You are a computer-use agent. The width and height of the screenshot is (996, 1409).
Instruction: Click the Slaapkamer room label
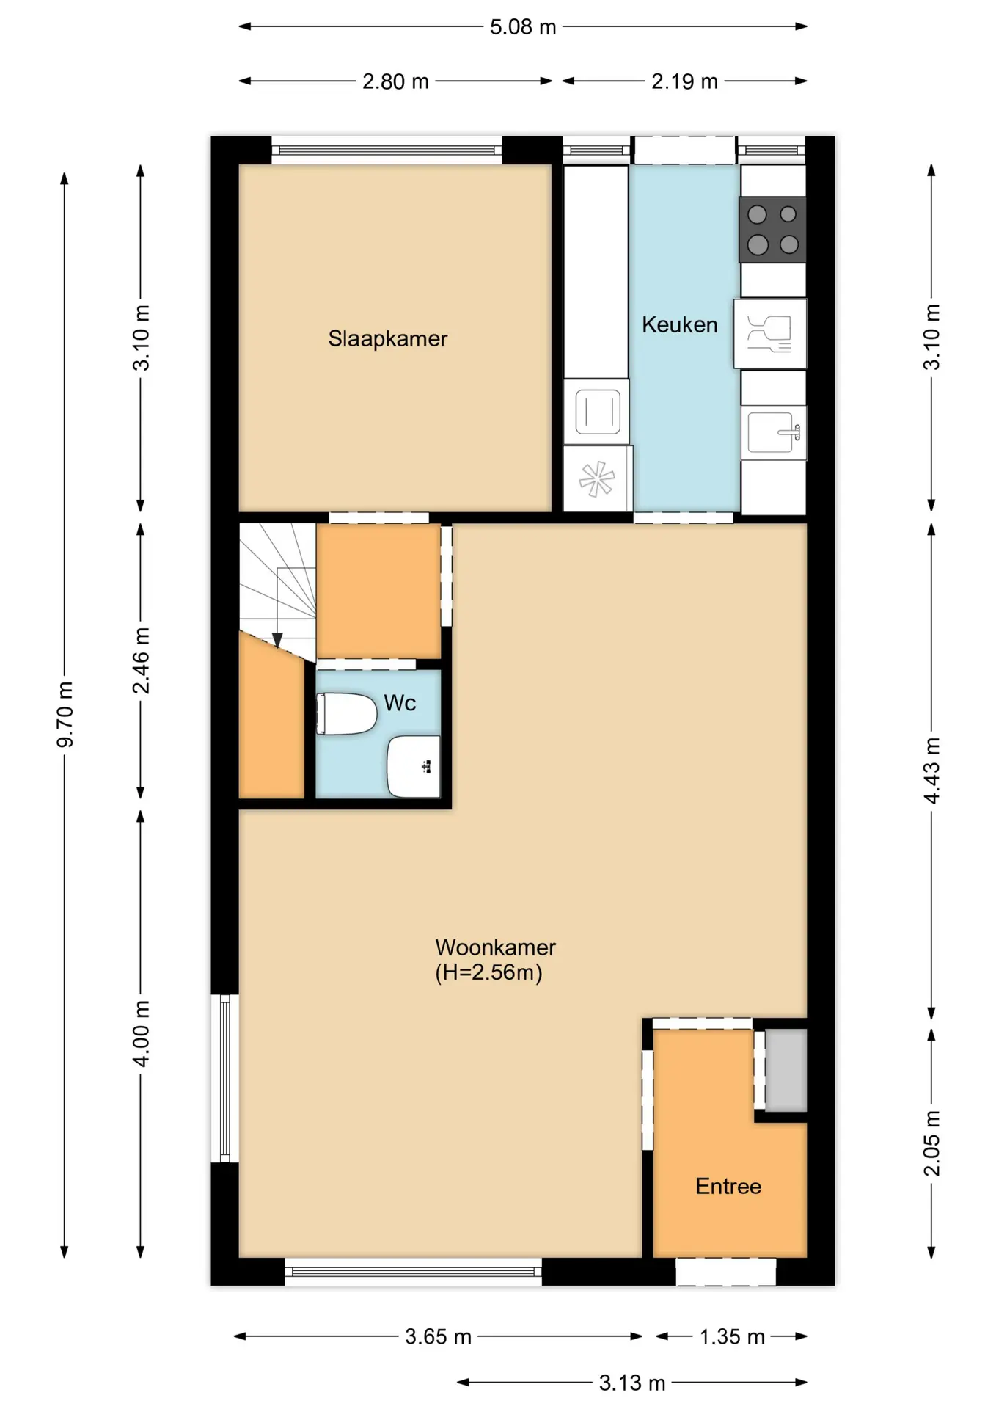click(387, 338)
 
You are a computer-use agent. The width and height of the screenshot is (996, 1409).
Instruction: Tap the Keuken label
click(679, 324)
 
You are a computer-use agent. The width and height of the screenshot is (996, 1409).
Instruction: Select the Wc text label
click(400, 703)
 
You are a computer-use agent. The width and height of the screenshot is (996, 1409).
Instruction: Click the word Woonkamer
click(495, 947)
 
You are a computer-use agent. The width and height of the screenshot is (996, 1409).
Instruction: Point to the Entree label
click(728, 1186)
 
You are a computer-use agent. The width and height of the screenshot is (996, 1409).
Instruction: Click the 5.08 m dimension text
click(523, 27)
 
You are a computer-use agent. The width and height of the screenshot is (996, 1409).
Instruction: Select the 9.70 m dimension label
click(65, 714)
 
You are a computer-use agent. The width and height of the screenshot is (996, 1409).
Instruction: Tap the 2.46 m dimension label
click(141, 660)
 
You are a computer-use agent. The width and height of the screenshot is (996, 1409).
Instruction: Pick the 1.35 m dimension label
click(732, 1336)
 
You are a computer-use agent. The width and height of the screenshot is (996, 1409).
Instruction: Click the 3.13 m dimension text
click(632, 1383)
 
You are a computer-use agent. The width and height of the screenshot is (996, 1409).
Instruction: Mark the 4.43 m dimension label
click(931, 771)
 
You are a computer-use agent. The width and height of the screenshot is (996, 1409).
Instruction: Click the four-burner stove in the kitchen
click(772, 229)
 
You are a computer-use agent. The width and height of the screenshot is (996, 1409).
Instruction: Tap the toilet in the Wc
click(346, 713)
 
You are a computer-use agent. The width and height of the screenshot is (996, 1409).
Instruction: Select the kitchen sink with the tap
click(774, 432)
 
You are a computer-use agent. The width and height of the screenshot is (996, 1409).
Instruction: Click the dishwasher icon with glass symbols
click(770, 333)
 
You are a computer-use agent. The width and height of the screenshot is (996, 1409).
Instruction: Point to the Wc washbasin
click(414, 766)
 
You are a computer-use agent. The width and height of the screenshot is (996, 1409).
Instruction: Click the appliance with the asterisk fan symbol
click(597, 478)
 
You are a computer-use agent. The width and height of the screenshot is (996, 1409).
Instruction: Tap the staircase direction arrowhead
click(277, 641)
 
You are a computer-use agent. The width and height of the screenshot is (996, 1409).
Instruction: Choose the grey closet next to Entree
click(786, 1070)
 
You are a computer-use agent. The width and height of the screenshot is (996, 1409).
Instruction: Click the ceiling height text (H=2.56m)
click(488, 972)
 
